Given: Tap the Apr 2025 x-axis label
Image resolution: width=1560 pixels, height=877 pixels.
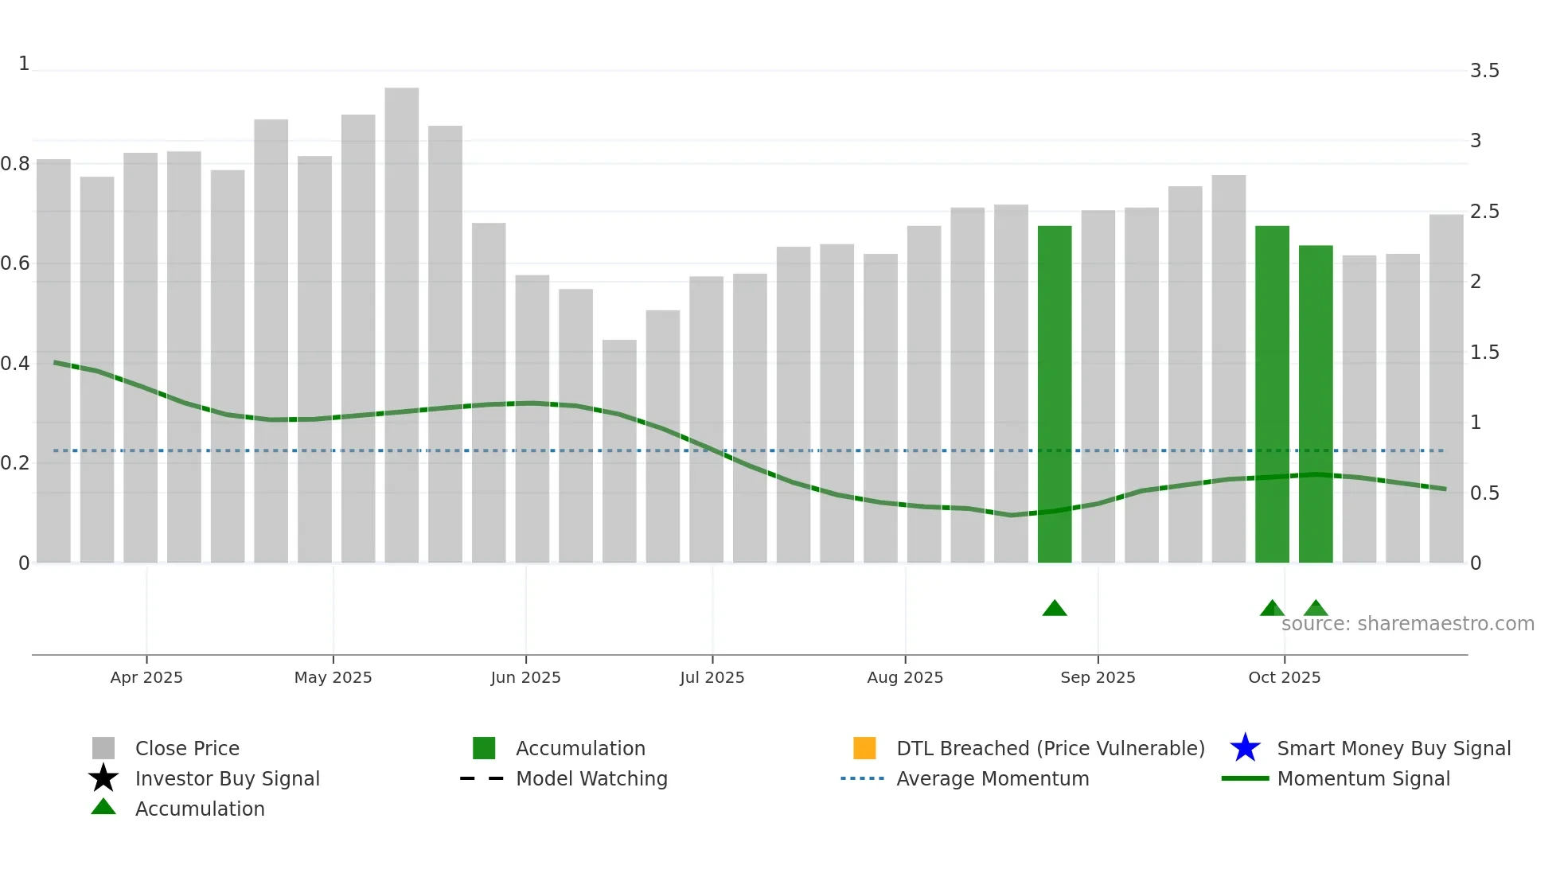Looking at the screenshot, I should pyautogui.click(x=146, y=677).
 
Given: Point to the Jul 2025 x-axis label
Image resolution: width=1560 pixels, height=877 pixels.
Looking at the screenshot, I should pyautogui.click(x=712, y=677).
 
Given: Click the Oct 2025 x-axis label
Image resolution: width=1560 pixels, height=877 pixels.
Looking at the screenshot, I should pyautogui.click(x=1284, y=677).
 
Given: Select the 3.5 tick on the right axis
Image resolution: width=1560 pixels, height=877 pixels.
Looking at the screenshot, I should pyautogui.click(x=1484, y=71).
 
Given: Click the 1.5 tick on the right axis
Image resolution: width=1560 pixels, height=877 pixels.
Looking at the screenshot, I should pyautogui.click(x=1484, y=353).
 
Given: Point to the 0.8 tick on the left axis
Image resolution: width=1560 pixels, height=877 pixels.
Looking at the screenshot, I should pyautogui.click(x=15, y=164).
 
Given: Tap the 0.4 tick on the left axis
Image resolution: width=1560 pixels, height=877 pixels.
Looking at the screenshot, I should pyautogui.click(x=15, y=364).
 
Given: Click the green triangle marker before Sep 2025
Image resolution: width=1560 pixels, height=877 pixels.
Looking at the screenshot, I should pyautogui.click(x=1055, y=609).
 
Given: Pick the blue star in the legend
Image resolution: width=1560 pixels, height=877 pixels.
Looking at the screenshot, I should pyautogui.click(x=1245, y=748).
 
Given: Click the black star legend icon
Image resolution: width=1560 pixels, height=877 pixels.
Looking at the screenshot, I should pyautogui.click(x=103, y=778).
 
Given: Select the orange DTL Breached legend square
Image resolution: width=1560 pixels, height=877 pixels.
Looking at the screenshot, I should pyautogui.click(x=864, y=748).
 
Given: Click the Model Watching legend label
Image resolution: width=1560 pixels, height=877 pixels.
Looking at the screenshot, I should pyautogui.click(x=591, y=778).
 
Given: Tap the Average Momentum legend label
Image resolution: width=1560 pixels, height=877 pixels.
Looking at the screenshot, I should pyautogui.click(x=993, y=778).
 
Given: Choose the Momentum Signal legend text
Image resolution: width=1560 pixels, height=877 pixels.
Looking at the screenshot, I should pyautogui.click(x=1363, y=778).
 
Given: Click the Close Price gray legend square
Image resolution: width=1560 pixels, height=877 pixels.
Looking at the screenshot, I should pyautogui.click(x=103, y=748).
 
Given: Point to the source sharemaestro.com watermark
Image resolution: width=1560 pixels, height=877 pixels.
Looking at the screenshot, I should pyautogui.click(x=1407, y=624).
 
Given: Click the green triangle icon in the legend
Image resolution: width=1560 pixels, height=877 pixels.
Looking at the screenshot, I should pyautogui.click(x=103, y=807).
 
